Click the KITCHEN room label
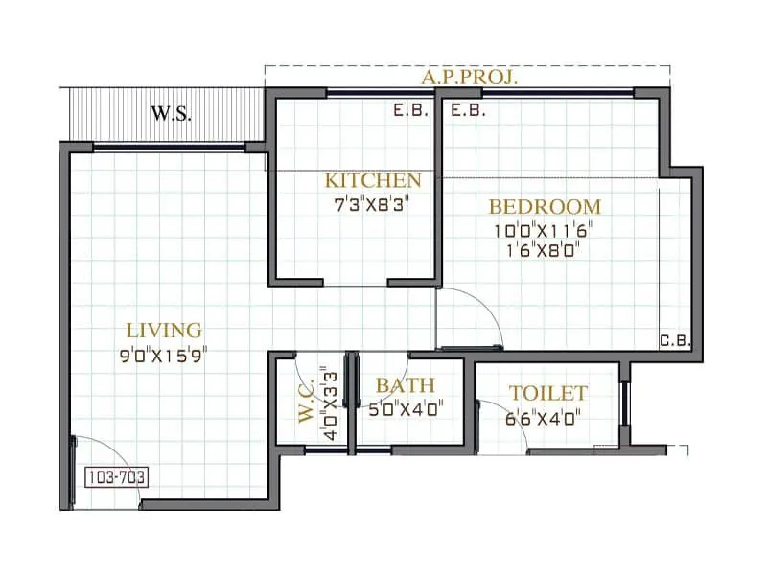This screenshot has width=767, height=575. pyautogui.click(x=372, y=180)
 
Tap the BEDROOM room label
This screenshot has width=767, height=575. pyautogui.click(x=545, y=206)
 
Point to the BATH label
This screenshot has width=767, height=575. pyautogui.click(x=405, y=385)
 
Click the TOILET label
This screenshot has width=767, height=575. pyautogui.click(x=547, y=393)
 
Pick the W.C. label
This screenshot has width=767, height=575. pyautogui.click(x=306, y=402)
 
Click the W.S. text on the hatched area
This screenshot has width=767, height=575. pyautogui.click(x=172, y=112)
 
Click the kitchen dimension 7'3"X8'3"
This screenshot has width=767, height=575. pyautogui.click(x=372, y=204)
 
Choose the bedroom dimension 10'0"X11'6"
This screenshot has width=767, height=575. pyautogui.click(x=545, y=230)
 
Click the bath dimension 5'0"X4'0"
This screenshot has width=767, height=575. pyautogui.click(x=405, y=409)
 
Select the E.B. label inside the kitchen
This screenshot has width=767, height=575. pyautogui.click(x=411, y=110)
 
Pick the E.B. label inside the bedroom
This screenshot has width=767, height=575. pyautogui.click(x=468, y=110)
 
